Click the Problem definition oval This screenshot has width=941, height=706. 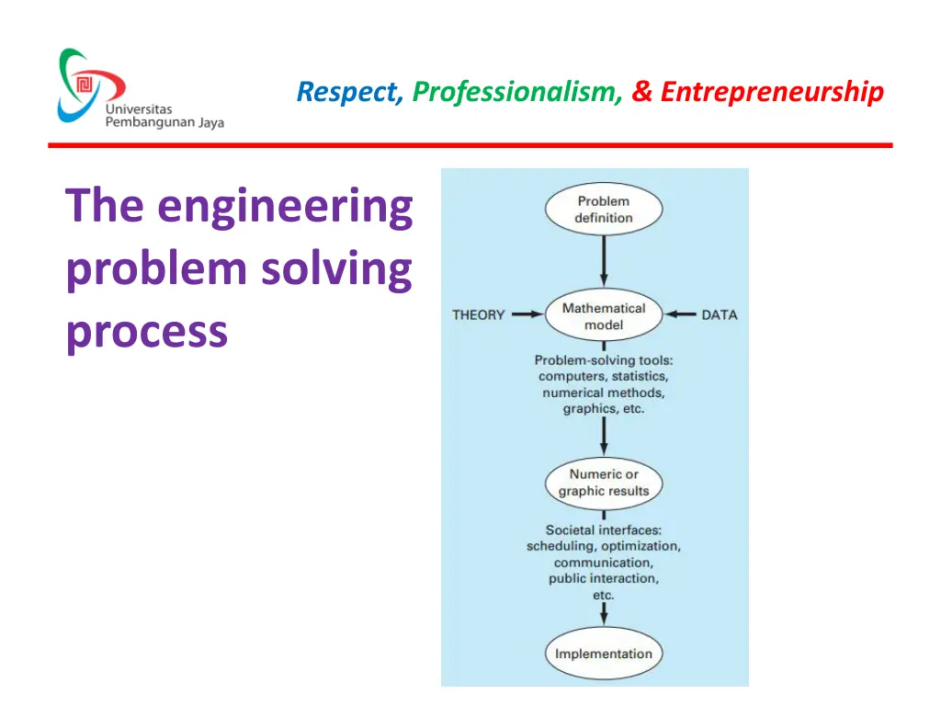coord(604,210)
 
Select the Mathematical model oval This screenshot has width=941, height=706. coord(604,316)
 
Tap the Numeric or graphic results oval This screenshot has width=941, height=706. coord(604,483)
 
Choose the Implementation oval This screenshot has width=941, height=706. coord(604,655)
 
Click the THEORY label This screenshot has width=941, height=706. coord(478,315)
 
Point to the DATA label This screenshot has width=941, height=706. coord(719,315)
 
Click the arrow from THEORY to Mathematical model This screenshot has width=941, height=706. coord(527,314)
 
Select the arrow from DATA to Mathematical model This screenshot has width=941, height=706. coord(681,314)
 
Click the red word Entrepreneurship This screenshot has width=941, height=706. coord(772,92)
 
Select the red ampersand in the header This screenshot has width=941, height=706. coord(641,92)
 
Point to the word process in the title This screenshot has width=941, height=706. coord(146,331)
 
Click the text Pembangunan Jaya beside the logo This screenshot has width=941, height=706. coord(164,123)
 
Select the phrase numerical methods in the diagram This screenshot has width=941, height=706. coord(604,393)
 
